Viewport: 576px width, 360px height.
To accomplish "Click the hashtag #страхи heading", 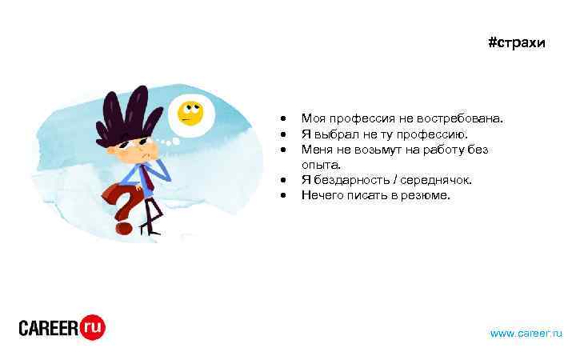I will (x=516, y=42).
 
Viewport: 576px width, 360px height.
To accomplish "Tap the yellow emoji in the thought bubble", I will (x=190, y=113).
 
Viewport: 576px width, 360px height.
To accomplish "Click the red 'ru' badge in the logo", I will (x=92, y=326).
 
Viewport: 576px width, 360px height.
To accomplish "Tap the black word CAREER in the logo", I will (x=48, y=328).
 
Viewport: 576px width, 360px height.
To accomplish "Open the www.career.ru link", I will (x=526, y=332).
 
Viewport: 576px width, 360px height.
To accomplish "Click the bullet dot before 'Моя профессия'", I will (x=284, y=119).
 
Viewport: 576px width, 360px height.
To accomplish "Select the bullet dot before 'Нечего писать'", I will (x=284, y=195).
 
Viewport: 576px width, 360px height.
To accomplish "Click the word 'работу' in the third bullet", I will (x=446, y=149).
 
